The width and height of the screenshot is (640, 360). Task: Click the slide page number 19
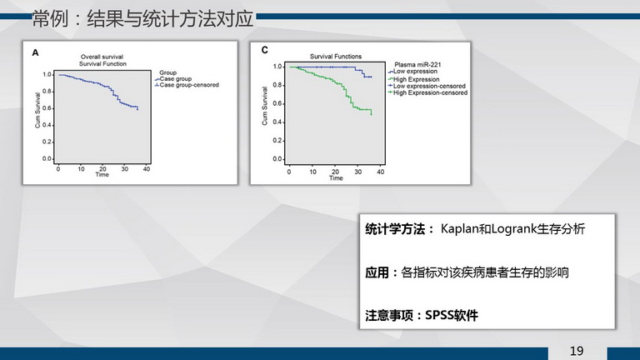click(577, 351)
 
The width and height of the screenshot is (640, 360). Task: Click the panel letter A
click(36, 52)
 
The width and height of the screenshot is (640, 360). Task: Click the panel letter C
click(264, 50)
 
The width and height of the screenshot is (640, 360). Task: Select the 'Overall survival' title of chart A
click(102, 57)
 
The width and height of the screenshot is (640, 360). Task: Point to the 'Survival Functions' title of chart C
click(336, 57)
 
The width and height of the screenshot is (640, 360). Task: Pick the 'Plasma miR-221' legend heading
click(417, 64)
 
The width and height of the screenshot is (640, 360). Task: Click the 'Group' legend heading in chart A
click(167, 72)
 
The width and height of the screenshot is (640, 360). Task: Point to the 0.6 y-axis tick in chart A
click(47, 108)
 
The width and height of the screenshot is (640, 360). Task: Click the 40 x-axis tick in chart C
click(380, 172)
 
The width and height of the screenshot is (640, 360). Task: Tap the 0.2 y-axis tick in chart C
click(277, 140)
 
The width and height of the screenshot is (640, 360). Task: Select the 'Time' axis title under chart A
click(102, 175)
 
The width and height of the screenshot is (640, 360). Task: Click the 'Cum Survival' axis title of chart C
click(264, 106)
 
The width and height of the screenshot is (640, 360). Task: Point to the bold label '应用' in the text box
click(377, 272)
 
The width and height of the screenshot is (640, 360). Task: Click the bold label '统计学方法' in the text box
click(395, 229)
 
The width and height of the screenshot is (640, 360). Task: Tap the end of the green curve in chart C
click(372, 115)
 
